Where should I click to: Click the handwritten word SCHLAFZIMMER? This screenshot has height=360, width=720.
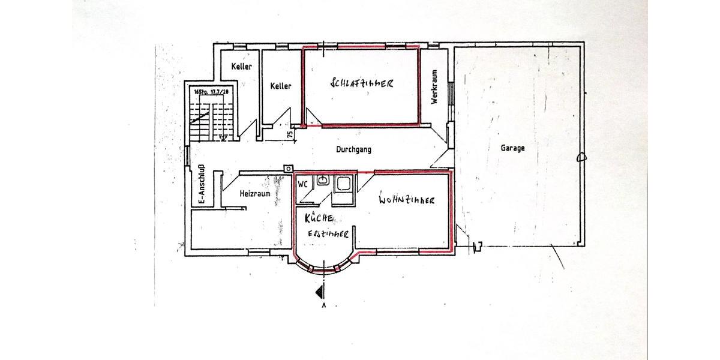362,84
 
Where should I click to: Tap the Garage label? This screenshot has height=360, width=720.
513,148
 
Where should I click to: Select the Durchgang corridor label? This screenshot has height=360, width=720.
353,149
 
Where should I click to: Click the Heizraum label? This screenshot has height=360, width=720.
255,194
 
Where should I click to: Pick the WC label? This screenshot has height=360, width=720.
303,184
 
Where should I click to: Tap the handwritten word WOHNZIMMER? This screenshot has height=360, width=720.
406,200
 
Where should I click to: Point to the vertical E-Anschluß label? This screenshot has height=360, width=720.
202,185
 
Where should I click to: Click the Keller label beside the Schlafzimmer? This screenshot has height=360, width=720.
281,86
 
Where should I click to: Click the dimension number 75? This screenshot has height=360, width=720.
290,134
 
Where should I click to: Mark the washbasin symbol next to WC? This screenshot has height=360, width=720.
322,181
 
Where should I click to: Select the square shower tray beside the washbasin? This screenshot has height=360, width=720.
344,184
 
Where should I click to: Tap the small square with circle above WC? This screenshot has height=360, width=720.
289,169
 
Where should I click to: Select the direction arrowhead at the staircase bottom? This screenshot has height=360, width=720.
223,137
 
